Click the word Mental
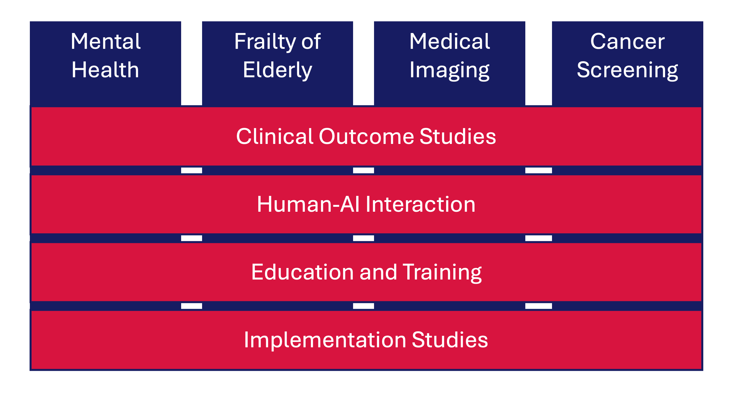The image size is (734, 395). (x=106, y=41)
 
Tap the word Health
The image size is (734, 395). (x=105, y=70)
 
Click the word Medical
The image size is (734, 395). (x=450, y=41)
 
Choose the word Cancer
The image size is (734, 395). (x=628, y=41)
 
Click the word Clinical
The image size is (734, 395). (x=275, y=136)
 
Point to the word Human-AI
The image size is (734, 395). (x=308, y=204)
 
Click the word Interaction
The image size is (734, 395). (x=421, y=204)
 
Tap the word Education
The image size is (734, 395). (x=303, y=272)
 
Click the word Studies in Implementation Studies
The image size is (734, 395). (x=450, y=340)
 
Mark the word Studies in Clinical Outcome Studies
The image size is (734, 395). (x=458, y=136)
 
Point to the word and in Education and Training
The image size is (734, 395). (x=378, y=272)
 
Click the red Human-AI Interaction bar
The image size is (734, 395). (x=366, y=204)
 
